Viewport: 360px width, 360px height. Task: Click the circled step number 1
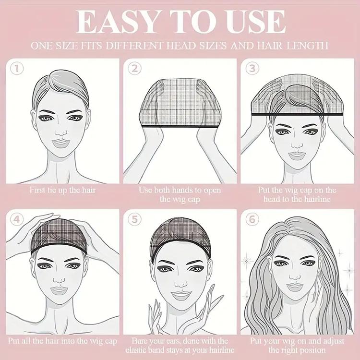click(x=17, y=69)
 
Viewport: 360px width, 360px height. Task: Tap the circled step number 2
click(x=135, y=69)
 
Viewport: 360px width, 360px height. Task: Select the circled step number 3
click(x=252, y=69)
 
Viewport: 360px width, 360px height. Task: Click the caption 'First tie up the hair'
click(x=62, y=190)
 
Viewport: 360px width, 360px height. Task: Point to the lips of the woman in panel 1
click(x=61, y=144)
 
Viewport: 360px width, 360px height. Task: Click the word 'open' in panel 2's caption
click(x=211, y=190)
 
